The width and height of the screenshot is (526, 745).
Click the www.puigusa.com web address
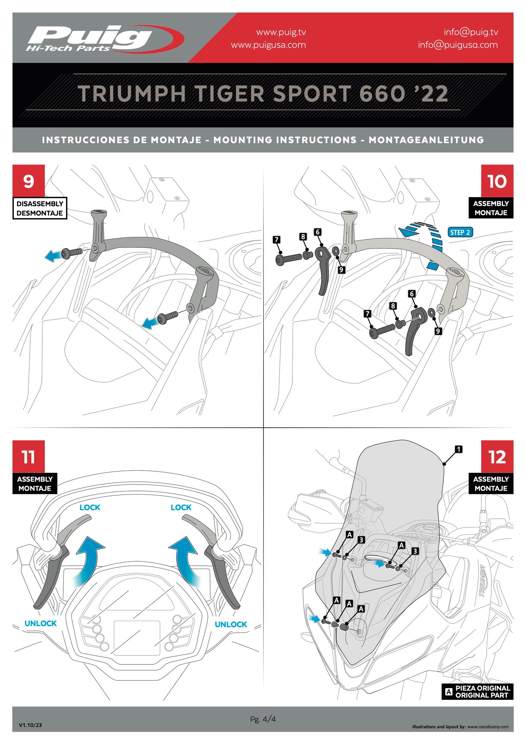click(x=268, y=45)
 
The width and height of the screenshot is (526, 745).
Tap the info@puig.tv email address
click(x=471, y=32)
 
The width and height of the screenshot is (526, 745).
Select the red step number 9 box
click(x=29, y=181)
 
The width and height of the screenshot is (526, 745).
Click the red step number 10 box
click(x=497, y=181)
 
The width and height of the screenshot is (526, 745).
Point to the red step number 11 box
click(x=29, y=456)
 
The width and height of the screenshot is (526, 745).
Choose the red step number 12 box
click(x=497, y=456)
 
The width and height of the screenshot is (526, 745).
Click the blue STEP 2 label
click(x=460, y=232)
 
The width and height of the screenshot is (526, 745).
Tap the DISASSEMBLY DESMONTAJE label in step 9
click(x=40, y=208)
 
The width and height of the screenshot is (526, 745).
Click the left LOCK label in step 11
click(x=90, y=507)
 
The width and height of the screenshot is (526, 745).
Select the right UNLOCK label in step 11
click(x=231, y=624)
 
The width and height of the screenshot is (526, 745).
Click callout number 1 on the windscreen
click(x=459, y=449)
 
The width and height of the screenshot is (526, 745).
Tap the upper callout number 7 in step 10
click(x=277, y=239)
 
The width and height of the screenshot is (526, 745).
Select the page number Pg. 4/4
click(x=263, y=719)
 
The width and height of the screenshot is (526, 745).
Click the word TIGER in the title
click(x=230, y=94)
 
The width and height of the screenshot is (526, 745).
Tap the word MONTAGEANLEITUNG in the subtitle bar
click(x=426, y=140)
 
